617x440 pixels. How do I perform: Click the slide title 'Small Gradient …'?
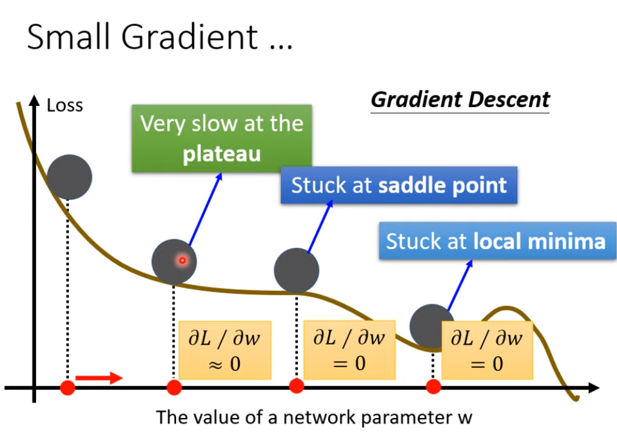click(x=160, y=38)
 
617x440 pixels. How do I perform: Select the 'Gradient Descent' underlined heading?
click(x=460, y=100)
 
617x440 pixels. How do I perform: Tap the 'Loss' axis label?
click(x=65, y=105)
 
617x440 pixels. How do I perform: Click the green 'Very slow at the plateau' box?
click(x=222, y=138)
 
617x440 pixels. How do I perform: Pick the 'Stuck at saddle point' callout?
click(x=399, y=186)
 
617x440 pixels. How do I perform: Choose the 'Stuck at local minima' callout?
click(x=496, y=241)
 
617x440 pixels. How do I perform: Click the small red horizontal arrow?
click(x=99, y=377)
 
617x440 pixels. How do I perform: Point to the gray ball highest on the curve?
click(x=70, y=177)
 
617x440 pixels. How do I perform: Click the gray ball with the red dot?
click(x=174, y=261)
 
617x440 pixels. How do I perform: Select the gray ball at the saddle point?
click(x=297, y=270)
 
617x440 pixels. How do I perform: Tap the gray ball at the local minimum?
click(x=431, y=326)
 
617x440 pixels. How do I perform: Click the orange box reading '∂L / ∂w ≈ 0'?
click(x=225, y=350)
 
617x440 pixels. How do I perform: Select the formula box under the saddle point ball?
click(x=349, y=350)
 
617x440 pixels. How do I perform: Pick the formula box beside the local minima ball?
click(x=487, y=350)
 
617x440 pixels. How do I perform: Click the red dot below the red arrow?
click(x=68, y=387)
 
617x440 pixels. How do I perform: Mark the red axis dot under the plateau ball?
click(x=174, y=387)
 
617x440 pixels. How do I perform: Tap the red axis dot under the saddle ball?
click(x=297, y=386)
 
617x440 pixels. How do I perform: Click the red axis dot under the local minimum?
click(x=433, y=386)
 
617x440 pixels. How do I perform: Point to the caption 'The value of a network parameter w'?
click(x=315, y=417)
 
